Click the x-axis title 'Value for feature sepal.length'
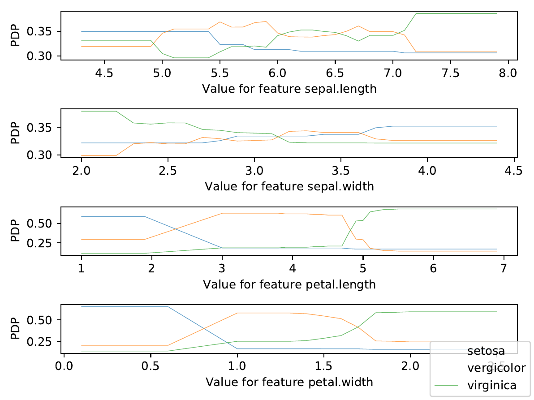coord(289,89)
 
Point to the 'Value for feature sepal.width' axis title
coord(289,186)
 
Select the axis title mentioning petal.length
coord(289,284)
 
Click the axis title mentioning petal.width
coord(289,382)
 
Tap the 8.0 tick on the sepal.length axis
coord(508,73)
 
